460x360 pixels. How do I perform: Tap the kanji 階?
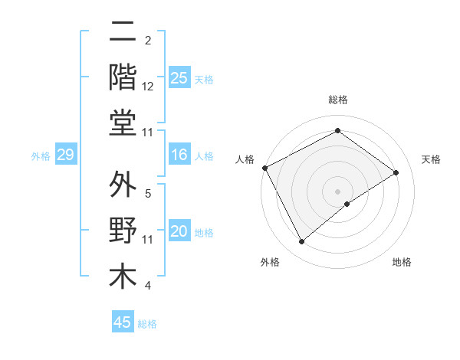(x=123, y=77)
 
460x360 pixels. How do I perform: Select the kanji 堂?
(x=123, y=123)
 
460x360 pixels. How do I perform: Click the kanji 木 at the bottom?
(x=123, y=276)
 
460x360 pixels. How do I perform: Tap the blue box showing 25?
(x=179, y=78)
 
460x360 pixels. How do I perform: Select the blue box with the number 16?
(x=179, y=155)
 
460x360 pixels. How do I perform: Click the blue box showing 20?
(x=179, y=232)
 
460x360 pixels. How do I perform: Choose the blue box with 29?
(x=65, y=155)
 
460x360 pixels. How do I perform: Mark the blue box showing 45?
(x=123, y=322)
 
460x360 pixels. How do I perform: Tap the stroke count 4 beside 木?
(x=148, y=286)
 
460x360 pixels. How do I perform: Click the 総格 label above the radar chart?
(x=338, y=100)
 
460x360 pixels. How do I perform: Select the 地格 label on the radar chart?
(x=402, y=262)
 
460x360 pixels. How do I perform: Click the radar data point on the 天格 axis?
(x=396, y=172)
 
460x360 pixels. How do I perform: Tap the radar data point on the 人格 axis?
(x=264, y=168)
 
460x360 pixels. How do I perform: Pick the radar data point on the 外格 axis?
(x=302, y=242)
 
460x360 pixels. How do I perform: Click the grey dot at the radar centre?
(x=338, y=191)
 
